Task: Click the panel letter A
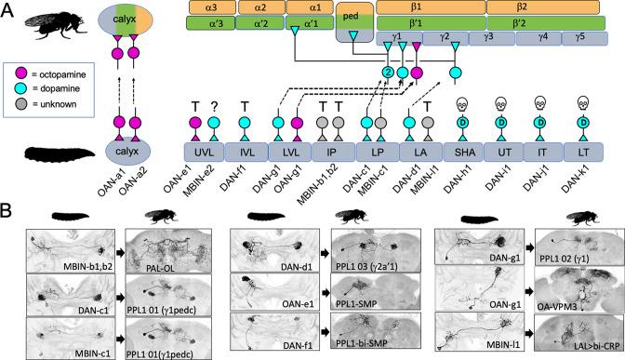click(8, 8)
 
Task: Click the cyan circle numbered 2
click(386, 73)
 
